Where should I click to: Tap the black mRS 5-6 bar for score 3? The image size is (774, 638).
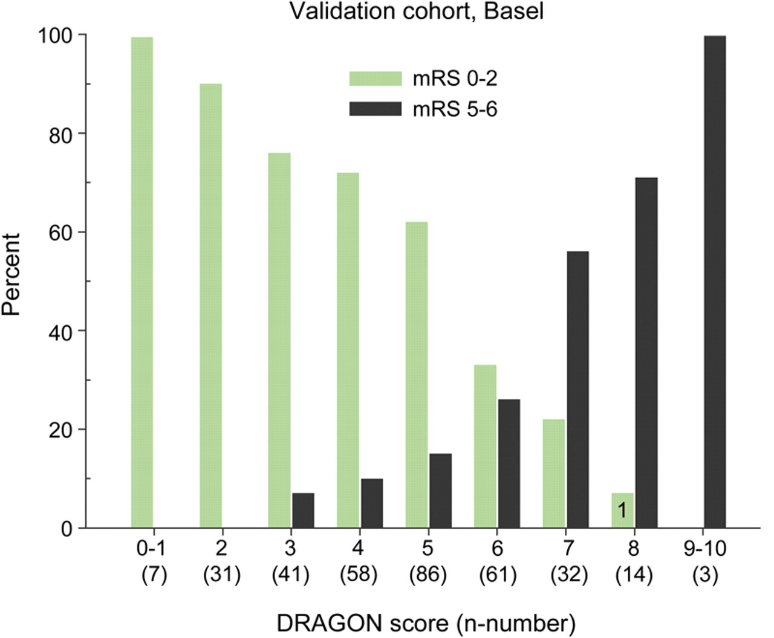[303, 511]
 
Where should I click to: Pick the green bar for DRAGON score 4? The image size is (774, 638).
[348, 350]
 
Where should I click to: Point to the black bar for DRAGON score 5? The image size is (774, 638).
[440, 491]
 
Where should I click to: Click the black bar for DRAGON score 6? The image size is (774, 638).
[509, 463]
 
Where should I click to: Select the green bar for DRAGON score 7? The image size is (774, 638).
[554, 474]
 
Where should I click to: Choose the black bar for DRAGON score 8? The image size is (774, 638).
[646, 353]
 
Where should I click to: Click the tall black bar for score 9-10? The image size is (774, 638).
[715, 282]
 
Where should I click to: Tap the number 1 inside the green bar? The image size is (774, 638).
[621, 511]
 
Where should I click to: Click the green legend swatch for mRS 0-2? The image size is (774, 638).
[375, 79]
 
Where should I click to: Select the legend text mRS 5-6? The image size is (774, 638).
[455, 109]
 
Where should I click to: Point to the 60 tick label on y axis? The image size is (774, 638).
[63, 233]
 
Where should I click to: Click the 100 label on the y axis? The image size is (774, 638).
[56, 35]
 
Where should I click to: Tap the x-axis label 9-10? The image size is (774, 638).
[704, 549]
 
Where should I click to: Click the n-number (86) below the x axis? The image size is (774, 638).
[428, 575]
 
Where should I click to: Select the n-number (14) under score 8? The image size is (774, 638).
[634, 575]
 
